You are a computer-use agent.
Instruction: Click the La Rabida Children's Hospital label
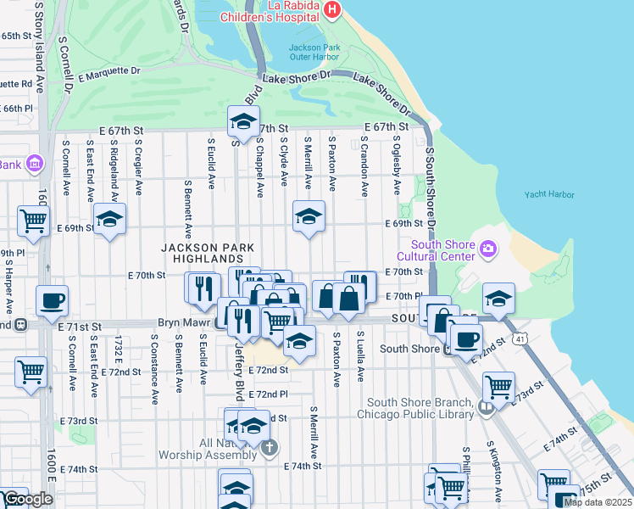pos(269,10)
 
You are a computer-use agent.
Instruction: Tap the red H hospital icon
pos(332,10)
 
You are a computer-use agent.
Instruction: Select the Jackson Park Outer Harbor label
pos(313,52)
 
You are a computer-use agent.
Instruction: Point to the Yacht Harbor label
pos(548,194)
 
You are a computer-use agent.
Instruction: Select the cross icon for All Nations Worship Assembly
pos(269,448)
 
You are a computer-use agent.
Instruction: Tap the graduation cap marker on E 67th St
pos(243,121)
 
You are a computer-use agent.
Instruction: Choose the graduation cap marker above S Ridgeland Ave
pos(109,219)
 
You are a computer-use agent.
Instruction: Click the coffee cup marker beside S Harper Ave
pos(53,300)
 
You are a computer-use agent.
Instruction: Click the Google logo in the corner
pos(27,499)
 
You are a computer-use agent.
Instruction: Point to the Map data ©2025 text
pos(596,501)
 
